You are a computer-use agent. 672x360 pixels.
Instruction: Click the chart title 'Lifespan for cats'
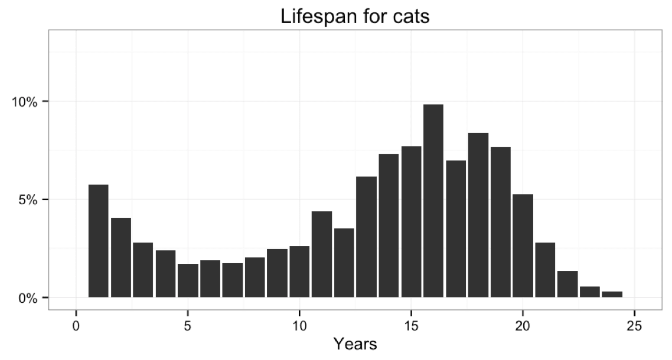point(355,16)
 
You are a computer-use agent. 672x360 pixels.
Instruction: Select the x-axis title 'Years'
point(355,343)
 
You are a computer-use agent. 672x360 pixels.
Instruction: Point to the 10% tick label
point(25,102)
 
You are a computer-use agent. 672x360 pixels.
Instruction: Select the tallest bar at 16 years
point(433,201)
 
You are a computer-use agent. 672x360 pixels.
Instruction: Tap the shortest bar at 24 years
point(612,294)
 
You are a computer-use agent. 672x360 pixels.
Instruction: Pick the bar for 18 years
point(478,215)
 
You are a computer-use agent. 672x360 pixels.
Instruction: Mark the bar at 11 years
point(322,254)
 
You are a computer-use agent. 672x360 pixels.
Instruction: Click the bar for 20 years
point(523,246)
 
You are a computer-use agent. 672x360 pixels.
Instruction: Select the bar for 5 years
point(188,280)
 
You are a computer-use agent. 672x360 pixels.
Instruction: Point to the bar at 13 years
point(366,237)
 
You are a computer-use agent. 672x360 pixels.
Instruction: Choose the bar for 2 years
point(121,257)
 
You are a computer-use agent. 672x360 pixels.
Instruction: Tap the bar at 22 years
point(567,284)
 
